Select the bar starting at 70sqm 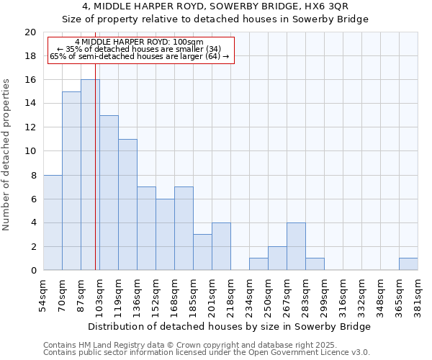[71, 181]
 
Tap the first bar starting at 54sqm [53, 222]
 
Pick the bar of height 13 [109, 193]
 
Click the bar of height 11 [127, 204]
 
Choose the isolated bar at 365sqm [408, 264]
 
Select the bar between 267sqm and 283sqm [296, 246]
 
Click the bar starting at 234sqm [258, 264]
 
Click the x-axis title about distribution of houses [230, 326]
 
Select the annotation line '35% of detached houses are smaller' [141, 49]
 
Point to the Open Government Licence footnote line [207, 352]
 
